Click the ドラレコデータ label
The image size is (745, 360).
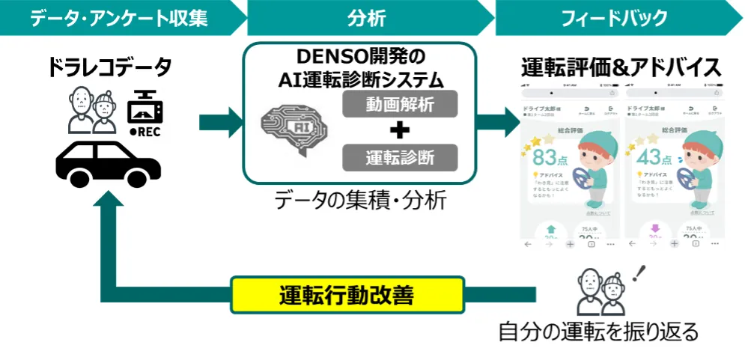(109, 69)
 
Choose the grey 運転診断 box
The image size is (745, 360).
(400, 157)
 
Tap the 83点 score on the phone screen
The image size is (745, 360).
(553, 158)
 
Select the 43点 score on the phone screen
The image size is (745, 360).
(656, 158)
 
